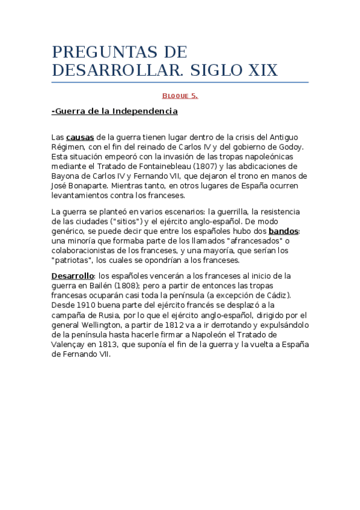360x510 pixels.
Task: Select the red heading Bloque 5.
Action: pyautogui.click(x=180, y=96)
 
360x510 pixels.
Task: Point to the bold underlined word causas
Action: pyautogui.click(x=80, y=137)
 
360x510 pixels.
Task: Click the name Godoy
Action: pyautogui.click(x=291, y=147)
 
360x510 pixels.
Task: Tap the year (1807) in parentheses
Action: pyautogui.click(x=222, y=166)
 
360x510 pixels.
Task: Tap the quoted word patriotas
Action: pyautogui.click(x=74, y=260)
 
